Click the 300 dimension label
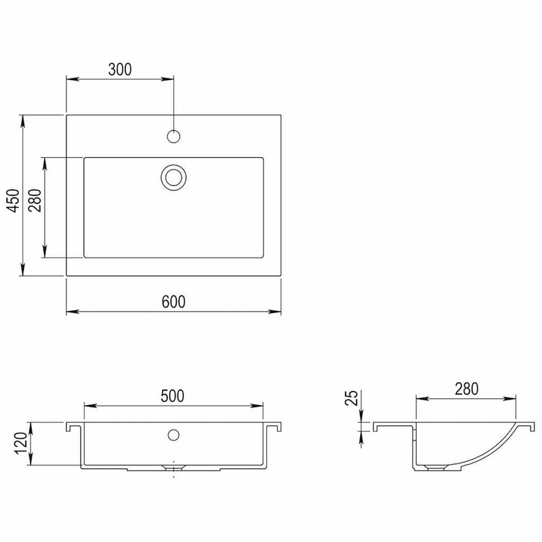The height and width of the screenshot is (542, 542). coord(119,68)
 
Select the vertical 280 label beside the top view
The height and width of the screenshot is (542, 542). coord(35,201)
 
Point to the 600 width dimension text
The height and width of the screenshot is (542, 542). coord(173,301)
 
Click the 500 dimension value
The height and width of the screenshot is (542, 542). coord(173,396)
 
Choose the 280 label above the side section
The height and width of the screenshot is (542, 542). coord(467,389)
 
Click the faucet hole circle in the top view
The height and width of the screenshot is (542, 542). coord(173,136)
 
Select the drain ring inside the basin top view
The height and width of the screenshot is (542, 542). coord(173,178)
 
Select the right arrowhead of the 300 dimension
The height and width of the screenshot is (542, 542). coord(169,79)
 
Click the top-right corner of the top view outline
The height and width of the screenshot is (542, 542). coord(281,115)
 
